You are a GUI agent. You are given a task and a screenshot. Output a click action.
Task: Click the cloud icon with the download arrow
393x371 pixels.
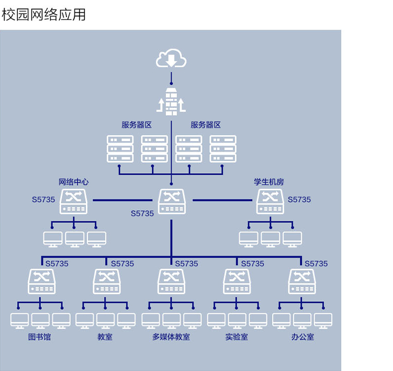(x=171, y=58)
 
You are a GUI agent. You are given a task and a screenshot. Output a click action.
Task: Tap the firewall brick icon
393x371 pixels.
(x=171, y=102)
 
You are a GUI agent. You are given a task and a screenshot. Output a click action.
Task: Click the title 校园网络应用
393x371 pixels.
(x=43, y=14)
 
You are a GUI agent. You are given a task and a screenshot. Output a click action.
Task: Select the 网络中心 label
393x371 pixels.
(x=73, y=182)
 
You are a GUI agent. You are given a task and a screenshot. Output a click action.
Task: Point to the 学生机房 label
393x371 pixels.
(x=269, y=182)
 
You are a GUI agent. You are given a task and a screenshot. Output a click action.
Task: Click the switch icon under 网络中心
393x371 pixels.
(x=73, y=201)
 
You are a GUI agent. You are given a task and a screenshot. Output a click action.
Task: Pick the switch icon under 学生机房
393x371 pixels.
(x=270, y=201)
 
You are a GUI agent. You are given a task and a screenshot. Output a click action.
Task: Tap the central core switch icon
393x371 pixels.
(x=172, y=201)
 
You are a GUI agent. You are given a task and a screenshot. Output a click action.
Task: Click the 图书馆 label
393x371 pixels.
(x=39, y=336)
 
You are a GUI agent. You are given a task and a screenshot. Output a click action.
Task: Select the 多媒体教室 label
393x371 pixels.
(x=171, y=336)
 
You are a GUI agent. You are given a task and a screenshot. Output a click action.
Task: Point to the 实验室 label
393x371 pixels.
(x=237, y=336)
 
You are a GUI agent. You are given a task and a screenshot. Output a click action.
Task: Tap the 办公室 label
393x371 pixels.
(x=302, y=336)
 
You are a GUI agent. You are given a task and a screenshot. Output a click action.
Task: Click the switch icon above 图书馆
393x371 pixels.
(x=42, y=281)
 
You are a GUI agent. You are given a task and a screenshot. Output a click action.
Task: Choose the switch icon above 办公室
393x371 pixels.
(x=302, y=281)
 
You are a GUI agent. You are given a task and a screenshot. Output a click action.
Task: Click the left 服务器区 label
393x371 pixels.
(x=137, y=125)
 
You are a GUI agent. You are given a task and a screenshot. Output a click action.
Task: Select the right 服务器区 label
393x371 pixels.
(x=206, y=125)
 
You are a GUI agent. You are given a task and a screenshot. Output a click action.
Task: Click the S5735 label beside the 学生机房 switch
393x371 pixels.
(x=299, y=199)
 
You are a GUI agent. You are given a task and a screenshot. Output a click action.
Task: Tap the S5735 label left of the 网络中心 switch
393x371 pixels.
(x=43, y=199)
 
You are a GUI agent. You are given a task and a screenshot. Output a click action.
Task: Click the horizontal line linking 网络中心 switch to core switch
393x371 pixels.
(x=122, y=200)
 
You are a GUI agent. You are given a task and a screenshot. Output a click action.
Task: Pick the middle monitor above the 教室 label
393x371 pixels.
(x=105, y=321)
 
